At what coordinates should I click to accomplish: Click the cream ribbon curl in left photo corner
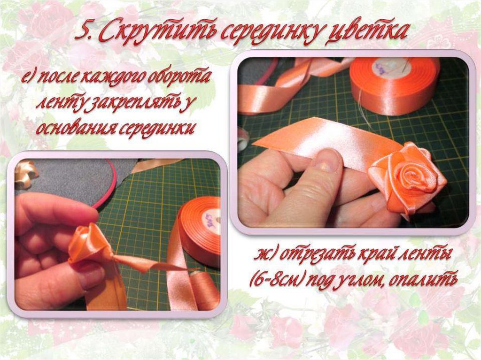(x=26, y=173)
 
